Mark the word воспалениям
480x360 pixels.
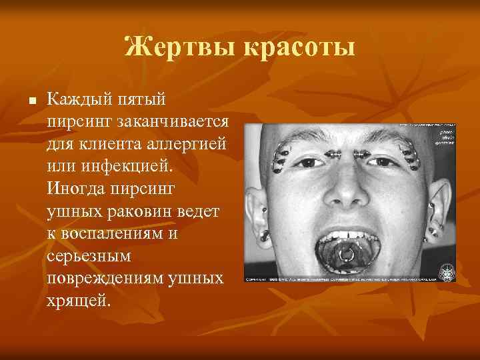pos(131,233)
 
